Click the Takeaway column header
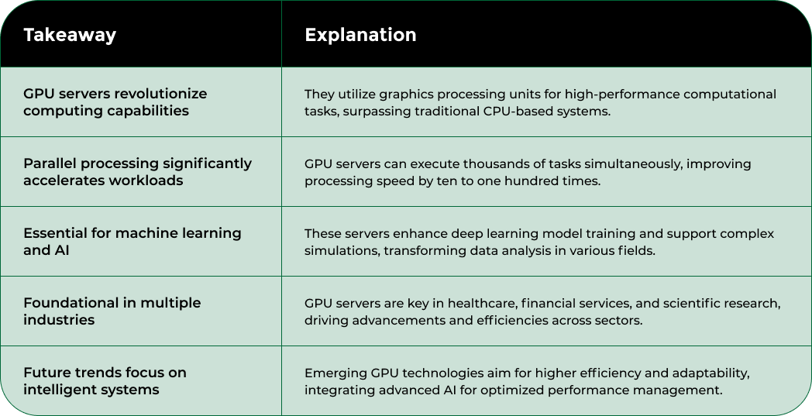[70, 35]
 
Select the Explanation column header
[360, 35]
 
